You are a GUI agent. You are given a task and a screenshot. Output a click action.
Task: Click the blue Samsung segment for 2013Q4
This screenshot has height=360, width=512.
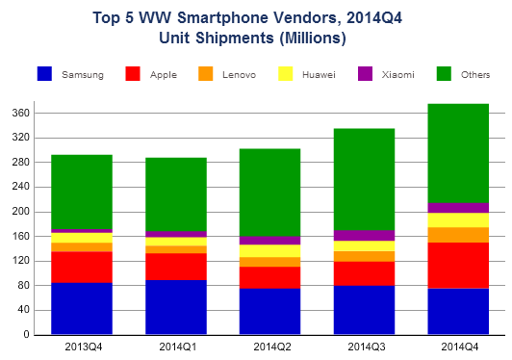[82, 308]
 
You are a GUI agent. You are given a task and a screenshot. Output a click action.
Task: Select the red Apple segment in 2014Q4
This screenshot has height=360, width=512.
[458, 265]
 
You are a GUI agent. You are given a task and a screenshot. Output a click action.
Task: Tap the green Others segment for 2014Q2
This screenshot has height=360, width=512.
[269, 193]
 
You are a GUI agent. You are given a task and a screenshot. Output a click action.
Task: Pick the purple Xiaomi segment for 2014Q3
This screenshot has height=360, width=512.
[364, 236]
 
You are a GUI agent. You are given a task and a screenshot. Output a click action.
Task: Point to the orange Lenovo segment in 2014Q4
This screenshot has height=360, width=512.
[458, 234]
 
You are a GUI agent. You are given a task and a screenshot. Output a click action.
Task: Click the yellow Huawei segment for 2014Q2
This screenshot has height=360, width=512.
[269, 250]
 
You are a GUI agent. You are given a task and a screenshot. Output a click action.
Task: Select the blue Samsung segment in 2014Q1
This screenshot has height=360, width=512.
[176, 307]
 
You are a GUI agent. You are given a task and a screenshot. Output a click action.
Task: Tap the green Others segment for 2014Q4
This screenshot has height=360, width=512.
[458, 153]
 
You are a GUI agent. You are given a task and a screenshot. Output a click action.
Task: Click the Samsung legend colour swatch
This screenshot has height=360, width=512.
[44, 74]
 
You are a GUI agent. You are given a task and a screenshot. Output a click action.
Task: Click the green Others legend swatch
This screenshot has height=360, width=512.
[444, 74]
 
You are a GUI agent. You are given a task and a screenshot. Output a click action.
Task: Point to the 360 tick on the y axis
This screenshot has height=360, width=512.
[20, 113]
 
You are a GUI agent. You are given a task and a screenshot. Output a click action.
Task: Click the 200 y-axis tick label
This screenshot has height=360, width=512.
[20, 212]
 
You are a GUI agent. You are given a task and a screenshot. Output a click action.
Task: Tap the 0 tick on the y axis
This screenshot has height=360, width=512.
[27, 335]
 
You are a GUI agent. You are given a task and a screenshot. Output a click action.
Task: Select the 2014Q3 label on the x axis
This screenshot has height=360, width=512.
[364, 347]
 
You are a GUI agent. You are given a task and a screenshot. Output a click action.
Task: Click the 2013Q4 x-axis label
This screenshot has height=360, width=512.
[82, 347]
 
